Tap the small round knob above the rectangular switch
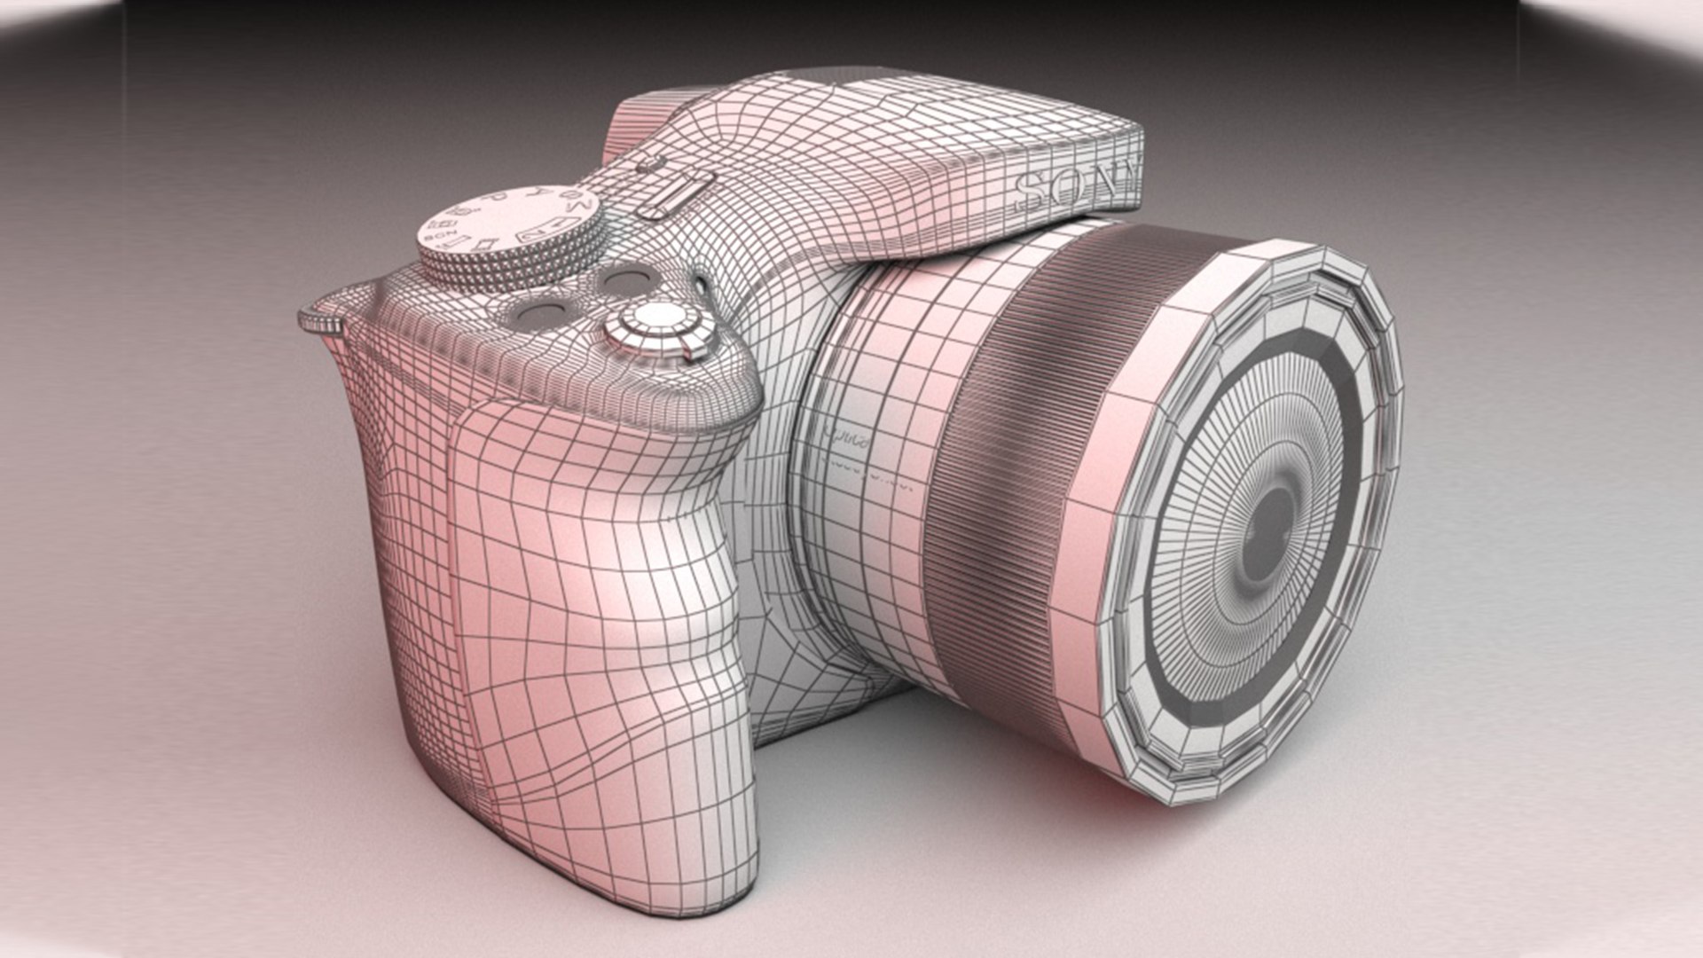point(650,167)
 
